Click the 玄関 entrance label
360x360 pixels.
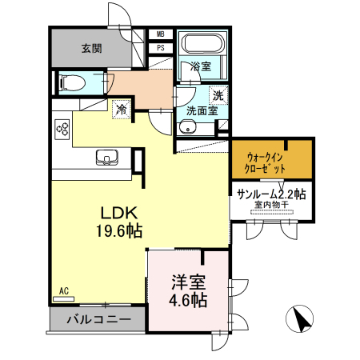(x=90, y=48)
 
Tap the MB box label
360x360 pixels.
(x=160, y=34)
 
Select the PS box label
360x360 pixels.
(x=160, y=47)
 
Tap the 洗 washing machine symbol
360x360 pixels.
(x=218, y=94)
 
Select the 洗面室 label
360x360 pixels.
(x=202, y=111)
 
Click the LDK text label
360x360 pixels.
(x=119, y=214)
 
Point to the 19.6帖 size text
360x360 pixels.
(x=119, y=231)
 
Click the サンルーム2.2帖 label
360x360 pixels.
(x=272, y=194)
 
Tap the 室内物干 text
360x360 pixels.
(x=271, y=206)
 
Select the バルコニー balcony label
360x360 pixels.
(x=98, y=320)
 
